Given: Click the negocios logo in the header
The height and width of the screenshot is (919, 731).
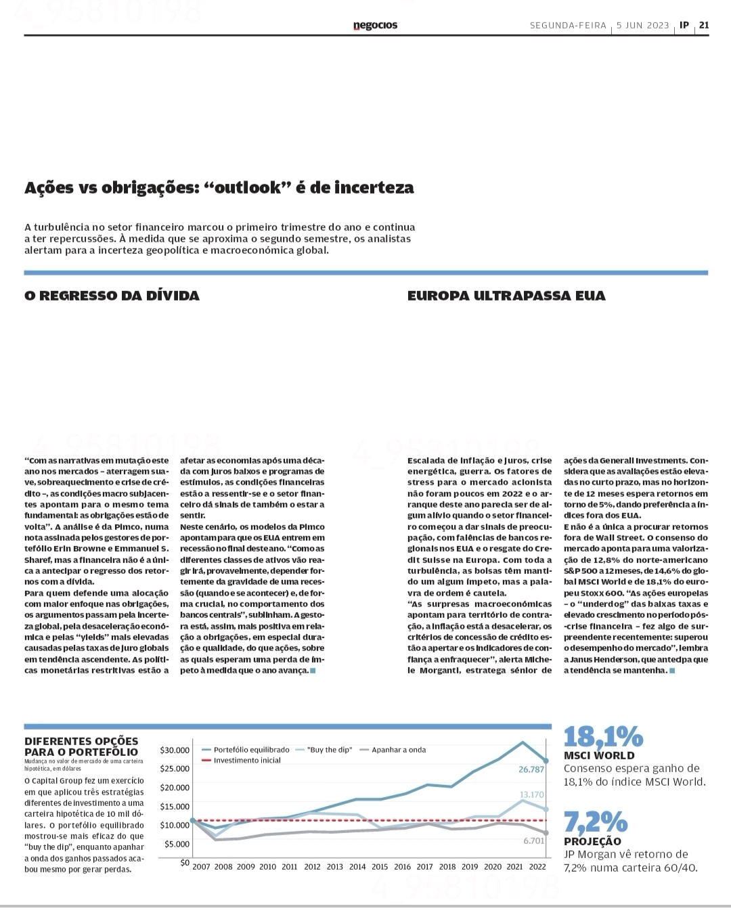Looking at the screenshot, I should click(x=375, y=26).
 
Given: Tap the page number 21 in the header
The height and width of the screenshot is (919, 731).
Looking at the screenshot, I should click(x=704, y=25).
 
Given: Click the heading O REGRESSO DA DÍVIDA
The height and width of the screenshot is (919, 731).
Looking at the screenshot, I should click(x=112, y=296).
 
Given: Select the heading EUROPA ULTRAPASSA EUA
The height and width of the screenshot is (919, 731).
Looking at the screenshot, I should click(x=506, y=296).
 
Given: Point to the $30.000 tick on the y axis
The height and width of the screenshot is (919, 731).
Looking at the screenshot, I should click(x=175, y=750).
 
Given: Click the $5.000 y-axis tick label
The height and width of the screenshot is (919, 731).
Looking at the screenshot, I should click(x=177, y=844).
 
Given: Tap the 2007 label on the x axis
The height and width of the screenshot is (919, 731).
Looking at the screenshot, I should click(x=202, y=866).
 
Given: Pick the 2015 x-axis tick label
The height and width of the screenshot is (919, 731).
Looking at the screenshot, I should click(x=380, y=866).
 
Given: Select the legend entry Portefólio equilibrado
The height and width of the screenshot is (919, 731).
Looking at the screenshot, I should click(x=250, y=750).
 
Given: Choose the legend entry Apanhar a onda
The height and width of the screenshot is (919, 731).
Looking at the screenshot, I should click(x=399, y=750).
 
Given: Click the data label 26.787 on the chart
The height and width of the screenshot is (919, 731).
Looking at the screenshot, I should click(x=531, y=769).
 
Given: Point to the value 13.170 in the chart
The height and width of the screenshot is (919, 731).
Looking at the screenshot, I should click(x=531, y=794).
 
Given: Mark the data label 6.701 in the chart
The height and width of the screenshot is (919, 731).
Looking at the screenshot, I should click(x=533, y=840).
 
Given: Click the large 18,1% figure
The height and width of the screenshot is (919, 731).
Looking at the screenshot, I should click(x=603, y=736).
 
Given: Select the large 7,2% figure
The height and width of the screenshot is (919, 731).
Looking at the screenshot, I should click(x=596, y=822).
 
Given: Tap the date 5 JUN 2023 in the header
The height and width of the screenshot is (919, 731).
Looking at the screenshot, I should click(x=643, y=25).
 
